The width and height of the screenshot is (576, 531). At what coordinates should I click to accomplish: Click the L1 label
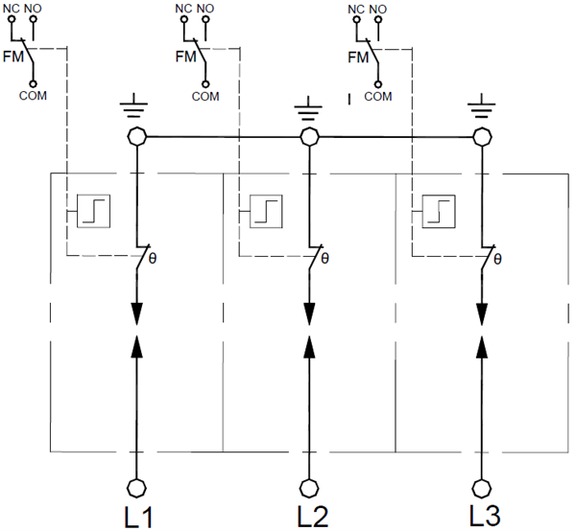tap(138, 517)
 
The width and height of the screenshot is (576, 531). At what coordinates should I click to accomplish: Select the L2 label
tap(312, 517)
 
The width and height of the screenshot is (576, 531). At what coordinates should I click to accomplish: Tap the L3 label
tap(484, 516)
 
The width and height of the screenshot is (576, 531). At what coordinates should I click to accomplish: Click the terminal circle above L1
tap(135, 485)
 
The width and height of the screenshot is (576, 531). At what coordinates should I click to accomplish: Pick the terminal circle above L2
tap(309, 485)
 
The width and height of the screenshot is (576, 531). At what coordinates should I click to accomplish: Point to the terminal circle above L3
tap(482, 485)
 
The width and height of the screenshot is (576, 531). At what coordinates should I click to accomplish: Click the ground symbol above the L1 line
tap(135, 108)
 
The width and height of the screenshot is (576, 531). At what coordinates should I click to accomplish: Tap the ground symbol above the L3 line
tap(482, 108)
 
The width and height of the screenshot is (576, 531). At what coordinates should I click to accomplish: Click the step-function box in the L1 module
tap(94, 209)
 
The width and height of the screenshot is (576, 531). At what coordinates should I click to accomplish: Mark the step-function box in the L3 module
tap(438, 209)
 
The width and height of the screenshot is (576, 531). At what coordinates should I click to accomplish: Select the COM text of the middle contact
tap(204, 96)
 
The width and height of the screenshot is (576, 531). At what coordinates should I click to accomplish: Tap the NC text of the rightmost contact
tap(355, 9)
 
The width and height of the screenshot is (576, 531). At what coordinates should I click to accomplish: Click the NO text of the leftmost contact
tap(35, 9)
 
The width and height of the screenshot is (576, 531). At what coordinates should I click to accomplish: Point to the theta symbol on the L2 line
tap(324, 259)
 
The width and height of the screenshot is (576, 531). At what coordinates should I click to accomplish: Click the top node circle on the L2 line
tap(309, 138)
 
